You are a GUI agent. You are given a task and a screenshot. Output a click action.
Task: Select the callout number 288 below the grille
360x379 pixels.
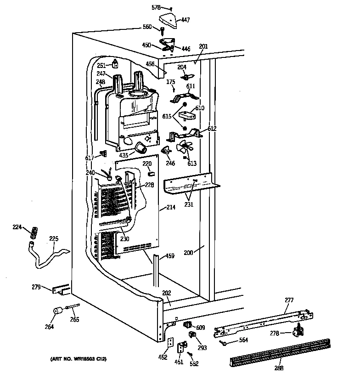pos(279,368)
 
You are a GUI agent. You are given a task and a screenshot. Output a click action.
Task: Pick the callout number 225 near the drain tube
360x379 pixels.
pos(54,238)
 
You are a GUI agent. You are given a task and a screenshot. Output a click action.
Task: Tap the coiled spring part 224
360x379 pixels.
pos(33,233)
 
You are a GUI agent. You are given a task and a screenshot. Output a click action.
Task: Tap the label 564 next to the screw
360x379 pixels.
pos(243,340)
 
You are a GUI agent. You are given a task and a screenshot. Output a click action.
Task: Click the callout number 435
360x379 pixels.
pos(124,155)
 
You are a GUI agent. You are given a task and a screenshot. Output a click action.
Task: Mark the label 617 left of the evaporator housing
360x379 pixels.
pos(90,158)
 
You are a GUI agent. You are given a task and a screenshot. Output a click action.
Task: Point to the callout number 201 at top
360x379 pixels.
pos(203,46)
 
